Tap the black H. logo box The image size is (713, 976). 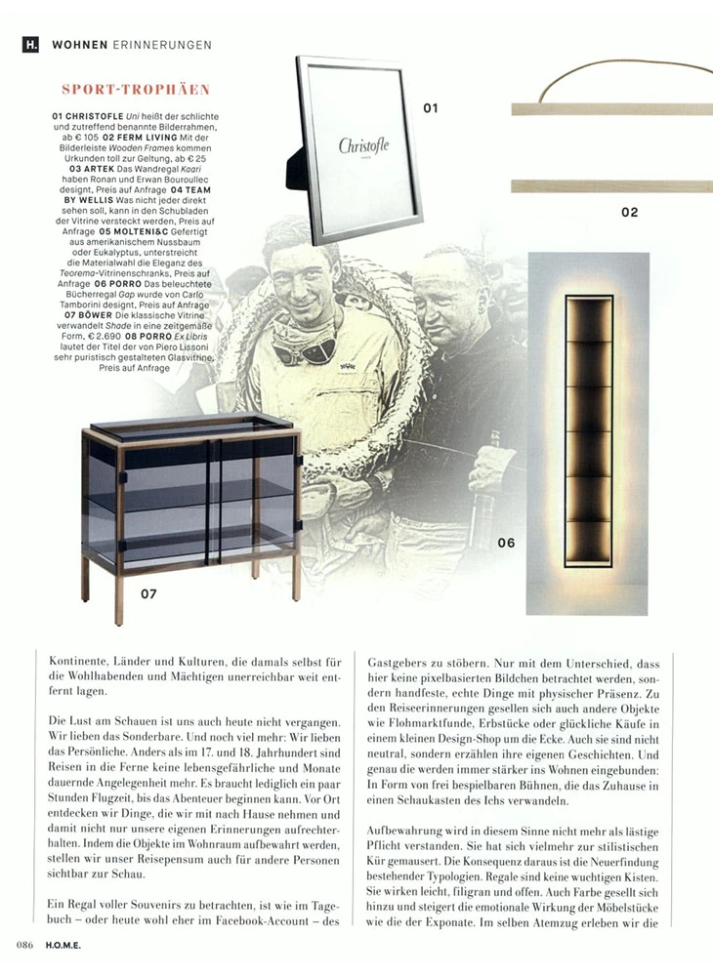[31, 44]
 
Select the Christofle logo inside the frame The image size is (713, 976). [363, 146]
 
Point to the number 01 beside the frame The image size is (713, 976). [431, 108]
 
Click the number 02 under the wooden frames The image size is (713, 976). [629, 211]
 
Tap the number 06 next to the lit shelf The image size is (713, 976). [505, 543]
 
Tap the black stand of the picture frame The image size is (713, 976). [292, 170]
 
